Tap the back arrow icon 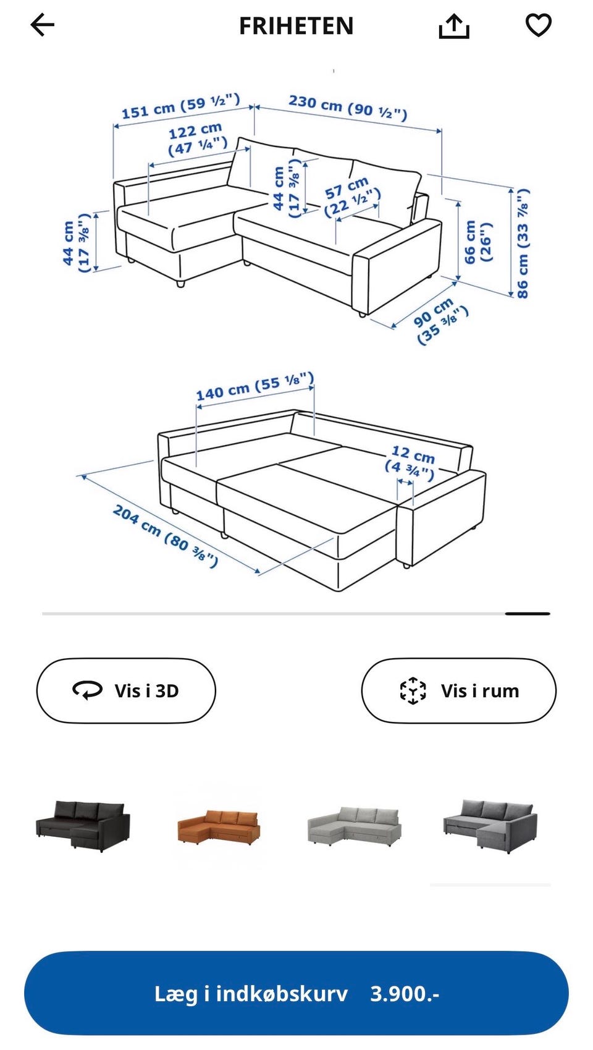[43, 25]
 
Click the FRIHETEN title [296, 26]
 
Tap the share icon [454, 26]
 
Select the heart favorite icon [538, 25]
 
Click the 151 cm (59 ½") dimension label [181, 106]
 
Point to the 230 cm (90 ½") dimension [348, 108]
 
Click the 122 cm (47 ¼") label [197, 139]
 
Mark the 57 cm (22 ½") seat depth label [351, 197]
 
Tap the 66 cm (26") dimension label [477, 242]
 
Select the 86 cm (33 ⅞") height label [523, 243]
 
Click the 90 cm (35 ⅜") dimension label [440, 321]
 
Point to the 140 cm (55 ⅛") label [255, 387]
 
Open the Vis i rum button [458, 690]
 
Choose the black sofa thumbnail [83, 826]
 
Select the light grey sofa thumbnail [354, 826]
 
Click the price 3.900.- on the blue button [405, 994]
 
